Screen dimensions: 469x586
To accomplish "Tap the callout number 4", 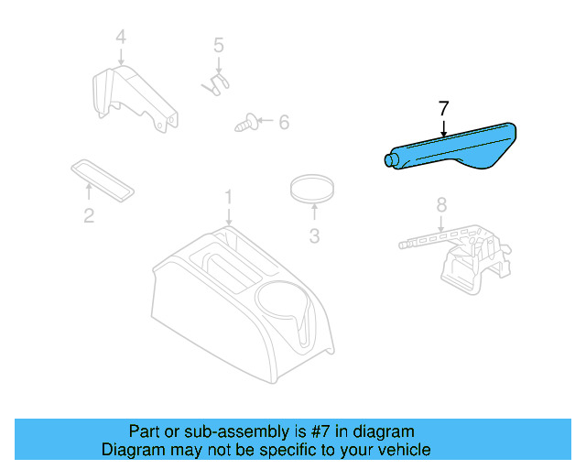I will tap(120, 38).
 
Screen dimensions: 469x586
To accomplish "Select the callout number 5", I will tap(218, 44).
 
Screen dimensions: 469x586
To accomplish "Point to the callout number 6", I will tap(283, 121).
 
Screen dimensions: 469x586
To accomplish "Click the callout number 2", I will tap(89, 216).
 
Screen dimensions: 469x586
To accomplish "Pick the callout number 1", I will tap(229, 196).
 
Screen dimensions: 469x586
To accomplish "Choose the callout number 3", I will tap(314, 236).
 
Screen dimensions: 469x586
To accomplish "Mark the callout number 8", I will tap(440, 203).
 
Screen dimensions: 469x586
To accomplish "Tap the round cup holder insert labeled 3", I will tap(311, 190).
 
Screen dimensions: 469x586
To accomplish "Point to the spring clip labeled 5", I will tap(215, 82).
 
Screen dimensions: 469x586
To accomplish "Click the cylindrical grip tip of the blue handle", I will tap(391, 161).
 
